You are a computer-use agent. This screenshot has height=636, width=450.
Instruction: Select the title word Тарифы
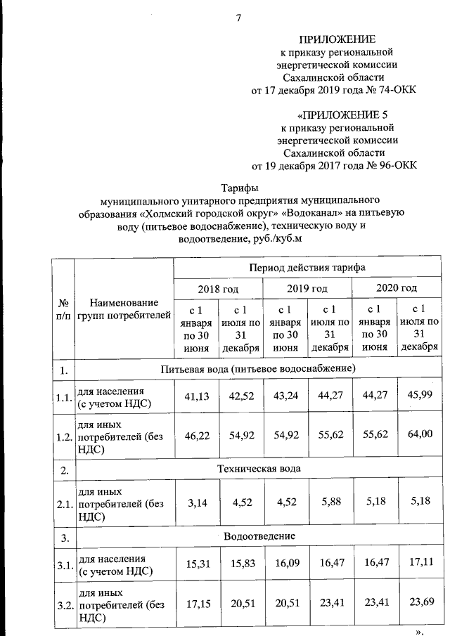click(240, 188)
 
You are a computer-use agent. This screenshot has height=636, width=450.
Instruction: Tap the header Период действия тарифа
click(307, 268)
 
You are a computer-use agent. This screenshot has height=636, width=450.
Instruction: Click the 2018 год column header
click(218, 289)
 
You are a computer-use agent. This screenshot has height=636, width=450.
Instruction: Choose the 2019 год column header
click(307, 289)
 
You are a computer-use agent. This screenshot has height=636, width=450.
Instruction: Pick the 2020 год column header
click(397, 289)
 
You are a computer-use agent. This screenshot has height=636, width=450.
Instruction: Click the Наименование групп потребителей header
click(124, 307)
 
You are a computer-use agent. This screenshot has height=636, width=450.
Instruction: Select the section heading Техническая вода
click(259, 468)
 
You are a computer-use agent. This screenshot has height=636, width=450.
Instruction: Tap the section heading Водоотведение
click(259, 536)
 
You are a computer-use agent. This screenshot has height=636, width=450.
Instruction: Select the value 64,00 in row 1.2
click(420, 435)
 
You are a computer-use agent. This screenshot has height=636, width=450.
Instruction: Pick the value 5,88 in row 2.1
click(330, 503)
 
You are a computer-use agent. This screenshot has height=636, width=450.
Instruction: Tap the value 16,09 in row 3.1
click(285, 562)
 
